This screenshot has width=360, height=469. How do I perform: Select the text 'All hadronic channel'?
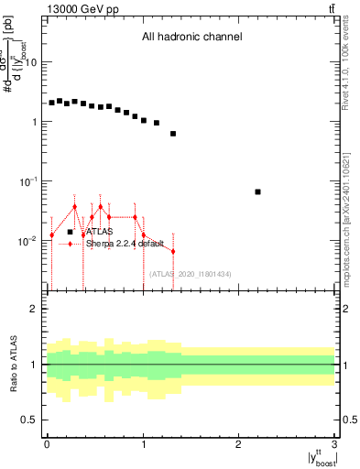191,38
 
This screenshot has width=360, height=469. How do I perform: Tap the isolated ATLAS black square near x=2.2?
258,191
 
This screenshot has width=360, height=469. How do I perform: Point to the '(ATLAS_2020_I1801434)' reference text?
190,274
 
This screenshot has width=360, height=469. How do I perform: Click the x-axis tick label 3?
335,445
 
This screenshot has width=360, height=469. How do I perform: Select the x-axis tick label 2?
239,445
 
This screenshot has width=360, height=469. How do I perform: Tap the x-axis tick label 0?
47,445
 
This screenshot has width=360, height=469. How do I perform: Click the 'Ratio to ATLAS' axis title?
14,365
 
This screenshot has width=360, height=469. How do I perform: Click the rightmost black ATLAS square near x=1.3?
173,134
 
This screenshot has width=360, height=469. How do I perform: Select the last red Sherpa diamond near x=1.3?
173,251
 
